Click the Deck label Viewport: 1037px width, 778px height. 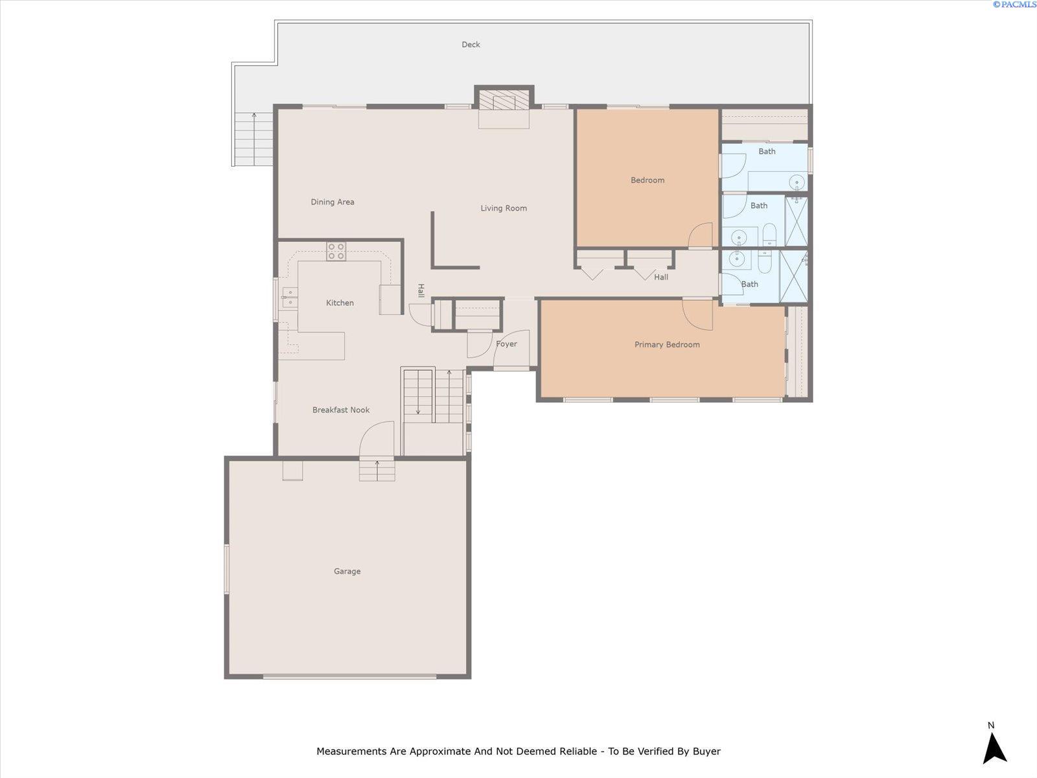(471, 44)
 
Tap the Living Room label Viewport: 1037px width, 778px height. (504, 208)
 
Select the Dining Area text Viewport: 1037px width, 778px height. (332, 202)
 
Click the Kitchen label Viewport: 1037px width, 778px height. (340, 303)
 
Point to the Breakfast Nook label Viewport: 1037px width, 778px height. (341, 410)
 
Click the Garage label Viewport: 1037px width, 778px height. (347, 571)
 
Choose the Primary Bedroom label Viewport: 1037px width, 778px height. (667, 345)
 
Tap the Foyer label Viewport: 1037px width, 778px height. (506, 344)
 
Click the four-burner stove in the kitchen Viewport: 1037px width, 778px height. (336, 252)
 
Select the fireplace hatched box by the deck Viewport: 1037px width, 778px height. (504, 100)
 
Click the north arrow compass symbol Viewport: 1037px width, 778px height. (994, 748)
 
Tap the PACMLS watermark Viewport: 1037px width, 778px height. (1014, 5)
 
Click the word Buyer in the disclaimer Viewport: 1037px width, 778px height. (706, 751)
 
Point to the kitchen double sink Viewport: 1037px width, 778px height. (290, 297)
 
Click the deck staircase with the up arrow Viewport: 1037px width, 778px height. (253, 139)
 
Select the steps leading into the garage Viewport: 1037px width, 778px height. (377, 470)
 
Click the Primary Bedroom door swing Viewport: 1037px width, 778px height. (697, 314)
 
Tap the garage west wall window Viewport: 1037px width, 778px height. (227, 569)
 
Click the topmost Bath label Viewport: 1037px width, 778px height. (767, 152)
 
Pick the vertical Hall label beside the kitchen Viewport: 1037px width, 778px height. (421, 290)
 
